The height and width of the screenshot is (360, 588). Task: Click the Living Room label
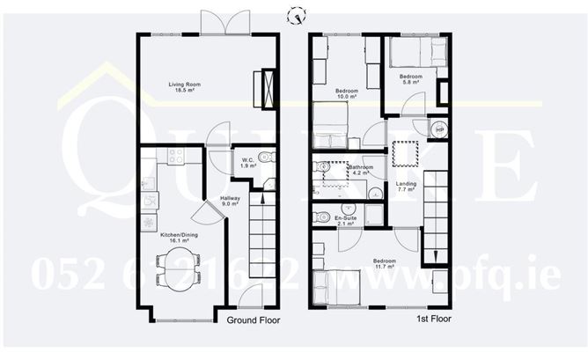[186, 87]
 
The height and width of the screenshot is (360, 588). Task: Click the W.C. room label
[248, 162]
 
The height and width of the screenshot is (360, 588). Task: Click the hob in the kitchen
[175, 157]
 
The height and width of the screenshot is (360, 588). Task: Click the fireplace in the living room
[264, 88]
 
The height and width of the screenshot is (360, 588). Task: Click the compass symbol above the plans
[299, 14]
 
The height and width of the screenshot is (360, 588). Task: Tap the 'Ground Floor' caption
[254, 320]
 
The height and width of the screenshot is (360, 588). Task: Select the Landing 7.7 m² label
[407, 187]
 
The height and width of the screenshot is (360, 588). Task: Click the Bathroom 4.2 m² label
[360, 170]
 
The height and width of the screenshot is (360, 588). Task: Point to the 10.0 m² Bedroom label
[347, 93]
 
